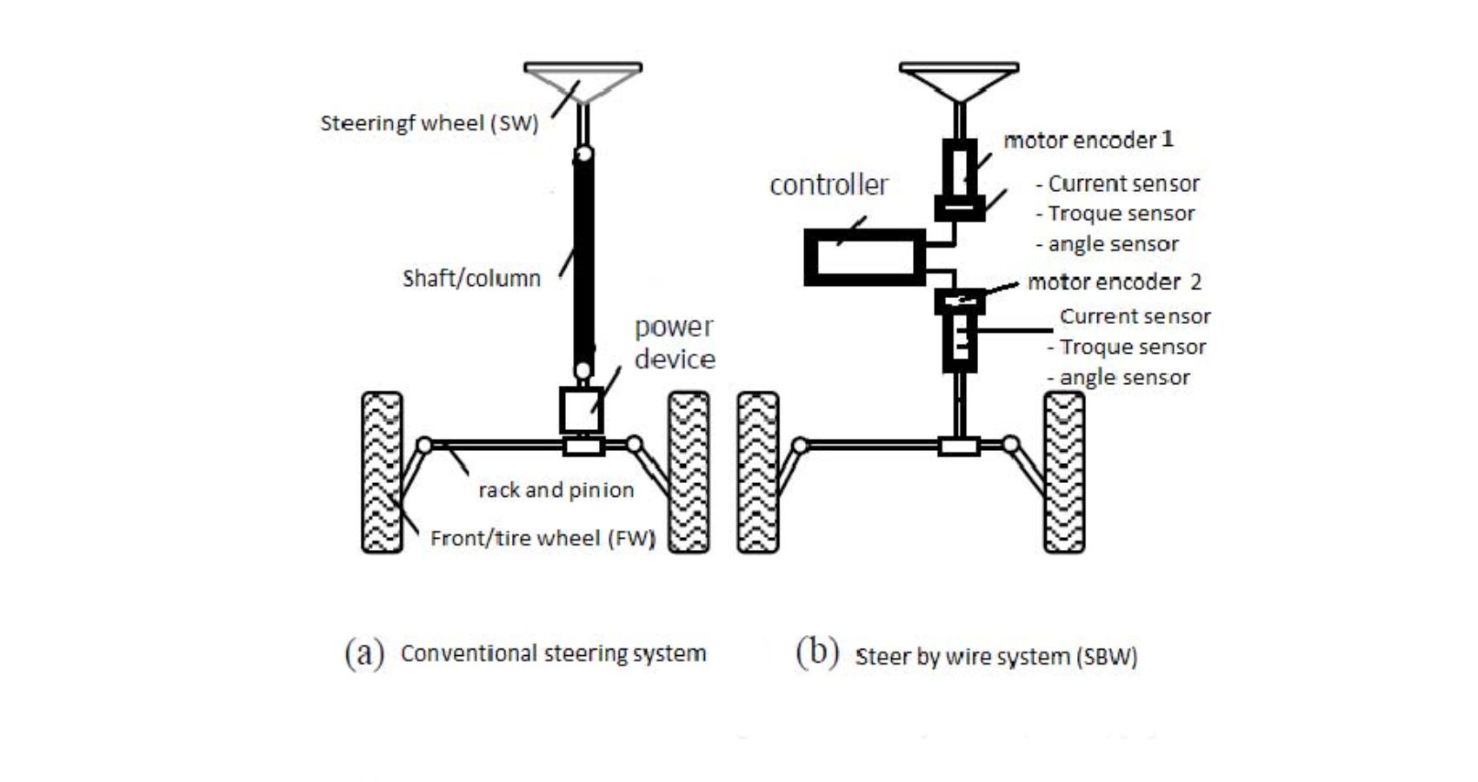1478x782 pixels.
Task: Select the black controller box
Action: point(864,257)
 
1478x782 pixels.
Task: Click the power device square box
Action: point(581,410)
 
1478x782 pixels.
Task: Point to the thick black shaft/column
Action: point(583,261)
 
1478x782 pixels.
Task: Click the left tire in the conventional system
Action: point(382,472)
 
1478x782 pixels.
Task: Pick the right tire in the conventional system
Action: point(689,472)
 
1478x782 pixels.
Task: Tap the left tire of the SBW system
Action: point(758,472)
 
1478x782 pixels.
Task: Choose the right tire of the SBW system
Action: point(1064,472)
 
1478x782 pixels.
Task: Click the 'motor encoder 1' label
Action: point(1089,140)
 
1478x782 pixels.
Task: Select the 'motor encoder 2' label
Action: point(1114,282)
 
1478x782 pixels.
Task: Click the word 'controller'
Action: point(829,184)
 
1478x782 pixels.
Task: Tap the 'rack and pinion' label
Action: point(556,490)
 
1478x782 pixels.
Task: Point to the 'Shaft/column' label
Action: point(471,279)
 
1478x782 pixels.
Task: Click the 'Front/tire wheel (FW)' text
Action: point(543,539)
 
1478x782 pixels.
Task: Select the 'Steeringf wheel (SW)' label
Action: point(429,123)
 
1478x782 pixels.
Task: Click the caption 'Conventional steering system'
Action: point(553,653)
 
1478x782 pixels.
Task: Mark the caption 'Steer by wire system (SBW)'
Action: point(996,657)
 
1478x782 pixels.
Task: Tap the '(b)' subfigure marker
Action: point(817,653)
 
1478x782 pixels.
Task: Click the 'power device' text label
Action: point(674,343)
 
